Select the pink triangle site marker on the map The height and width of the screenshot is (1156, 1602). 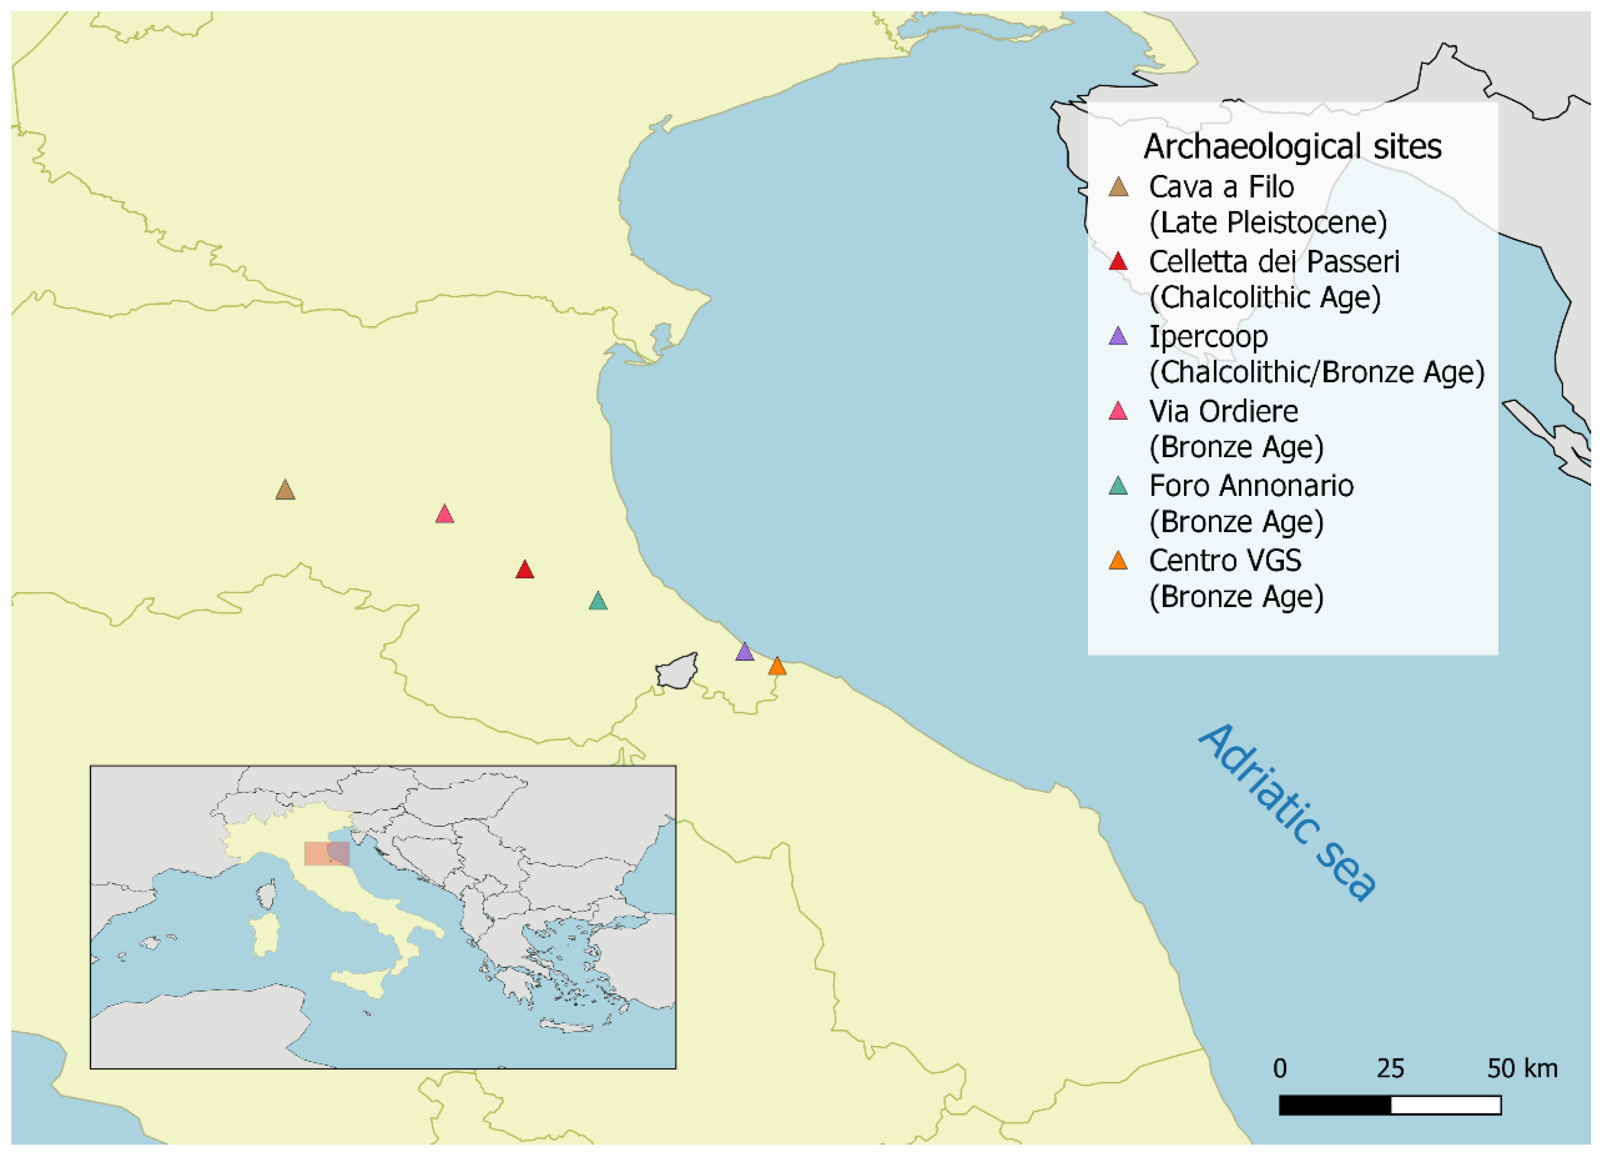tap(444, 514)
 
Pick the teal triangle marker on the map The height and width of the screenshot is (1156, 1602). tap(598, 601)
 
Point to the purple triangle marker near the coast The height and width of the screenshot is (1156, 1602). tap(744, 652)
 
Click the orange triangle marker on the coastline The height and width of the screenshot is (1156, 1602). tap(777, 666)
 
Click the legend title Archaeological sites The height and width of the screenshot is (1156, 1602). tap(1292, 147)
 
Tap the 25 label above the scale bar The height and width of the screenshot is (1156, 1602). tap(1390, 1068)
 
